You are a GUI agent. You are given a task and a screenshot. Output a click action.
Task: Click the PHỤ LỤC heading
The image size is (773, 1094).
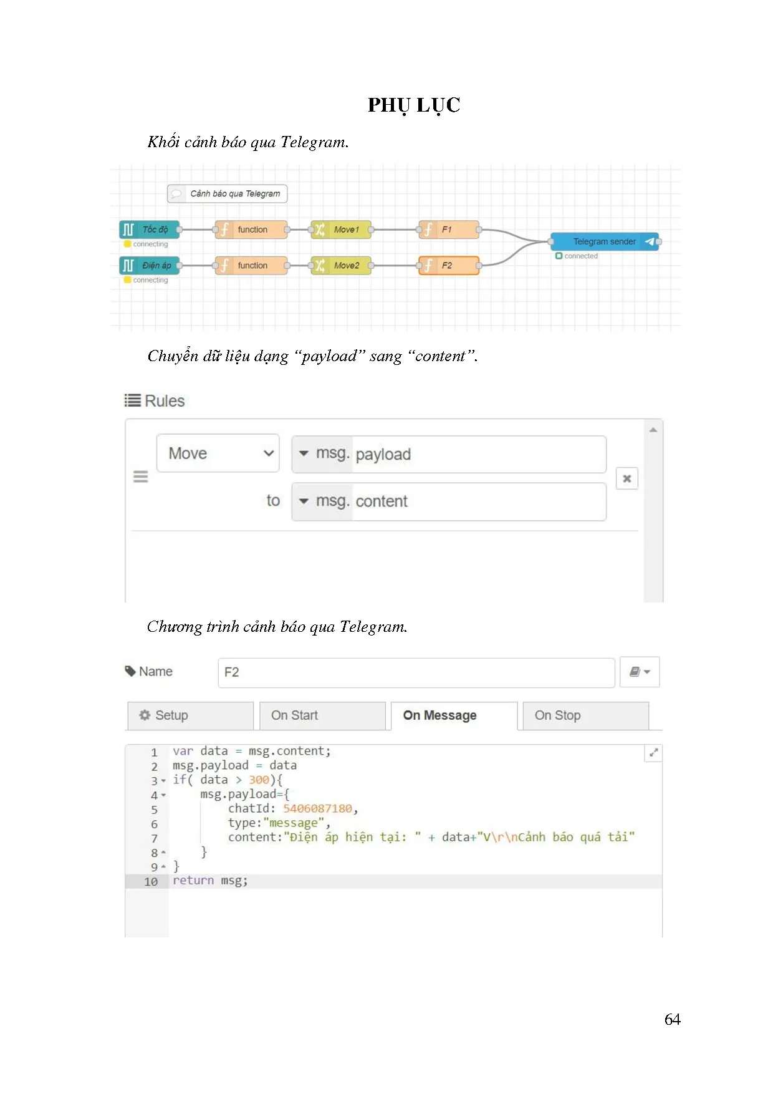[413, 105]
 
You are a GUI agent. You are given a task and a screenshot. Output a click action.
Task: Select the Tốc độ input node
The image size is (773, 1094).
[150, 230]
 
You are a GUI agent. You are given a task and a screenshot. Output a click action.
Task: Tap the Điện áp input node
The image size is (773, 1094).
[150, 266]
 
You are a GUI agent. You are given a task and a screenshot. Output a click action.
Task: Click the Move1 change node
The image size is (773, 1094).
[341, 230]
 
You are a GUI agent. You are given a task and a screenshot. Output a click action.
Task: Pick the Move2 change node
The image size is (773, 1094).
[341, 266]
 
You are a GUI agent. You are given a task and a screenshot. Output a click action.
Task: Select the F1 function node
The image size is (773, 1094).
[449, 230]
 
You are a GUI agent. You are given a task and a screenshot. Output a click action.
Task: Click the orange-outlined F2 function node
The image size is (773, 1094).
[449, 266]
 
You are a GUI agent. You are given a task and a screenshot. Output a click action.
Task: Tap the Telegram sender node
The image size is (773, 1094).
[604, 241]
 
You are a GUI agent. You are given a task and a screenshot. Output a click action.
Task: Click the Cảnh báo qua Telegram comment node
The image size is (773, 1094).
[228, 194]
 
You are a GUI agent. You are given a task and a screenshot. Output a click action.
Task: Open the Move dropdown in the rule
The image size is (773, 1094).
[218, 453]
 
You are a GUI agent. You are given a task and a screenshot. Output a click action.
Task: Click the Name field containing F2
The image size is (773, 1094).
[416, 672]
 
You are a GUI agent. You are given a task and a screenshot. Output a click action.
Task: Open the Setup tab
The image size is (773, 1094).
[190, 715]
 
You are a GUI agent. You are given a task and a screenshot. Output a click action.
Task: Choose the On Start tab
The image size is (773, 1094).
[322, 715]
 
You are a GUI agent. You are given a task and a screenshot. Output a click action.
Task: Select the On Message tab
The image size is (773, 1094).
[454, 715]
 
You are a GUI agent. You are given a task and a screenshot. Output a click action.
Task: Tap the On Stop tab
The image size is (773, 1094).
[585, 715]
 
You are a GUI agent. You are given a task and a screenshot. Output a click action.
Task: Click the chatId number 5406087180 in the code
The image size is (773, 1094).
[317, 809]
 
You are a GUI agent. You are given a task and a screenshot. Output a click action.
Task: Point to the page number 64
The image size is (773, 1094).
[672, 1020]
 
